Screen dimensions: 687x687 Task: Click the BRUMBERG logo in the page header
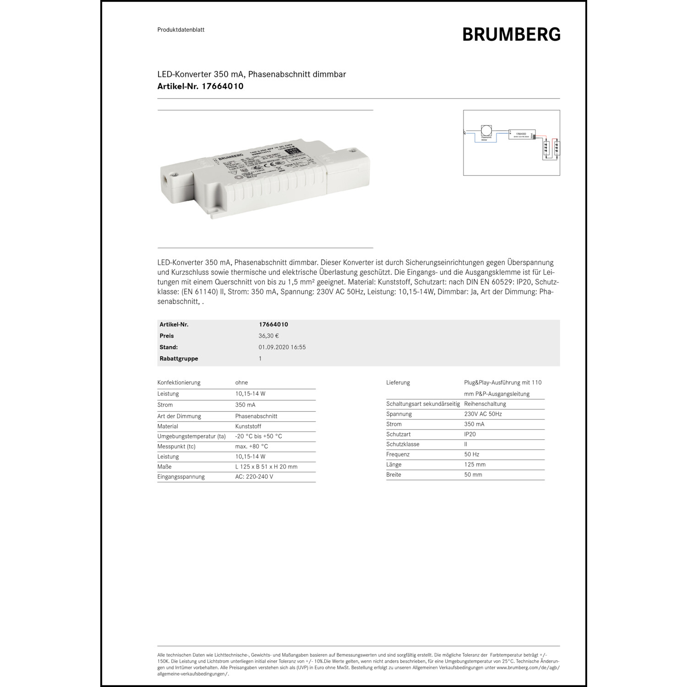pos(511,34)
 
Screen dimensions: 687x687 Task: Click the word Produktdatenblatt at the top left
pos(180,30)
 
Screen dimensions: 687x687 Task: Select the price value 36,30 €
pos(268,336)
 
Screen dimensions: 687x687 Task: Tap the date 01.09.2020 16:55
pos(282,347)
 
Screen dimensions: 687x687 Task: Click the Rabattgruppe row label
pos(179,359)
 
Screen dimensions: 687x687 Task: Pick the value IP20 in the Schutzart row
pos(470,434)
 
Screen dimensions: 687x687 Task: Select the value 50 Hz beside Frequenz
pos(472,454)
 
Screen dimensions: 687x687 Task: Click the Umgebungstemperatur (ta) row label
pos(191,436)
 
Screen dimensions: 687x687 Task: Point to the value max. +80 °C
pos(251,447)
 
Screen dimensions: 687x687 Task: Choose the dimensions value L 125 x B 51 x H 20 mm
pos(266,467)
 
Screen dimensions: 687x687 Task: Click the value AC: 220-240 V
pos(254,477)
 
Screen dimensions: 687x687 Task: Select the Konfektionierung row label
pos(179,382)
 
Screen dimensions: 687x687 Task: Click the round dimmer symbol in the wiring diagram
pos(486,131)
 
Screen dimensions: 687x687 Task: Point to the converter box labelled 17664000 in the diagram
pos(522,134)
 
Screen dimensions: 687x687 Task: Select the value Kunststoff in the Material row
pos(248,426)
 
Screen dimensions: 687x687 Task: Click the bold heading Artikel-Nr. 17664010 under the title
pos(200,86)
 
